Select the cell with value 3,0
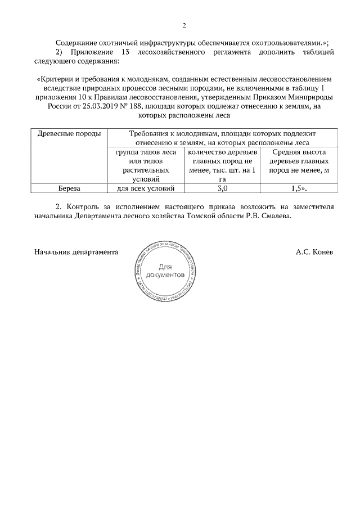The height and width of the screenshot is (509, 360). point(222,188)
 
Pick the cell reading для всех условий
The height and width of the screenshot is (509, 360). point(145,188)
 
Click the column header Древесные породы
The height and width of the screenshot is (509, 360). point(68,134)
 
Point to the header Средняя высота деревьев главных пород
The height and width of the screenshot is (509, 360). point(299,161)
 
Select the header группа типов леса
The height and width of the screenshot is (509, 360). point(145,152)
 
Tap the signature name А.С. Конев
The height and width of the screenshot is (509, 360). point(314,252)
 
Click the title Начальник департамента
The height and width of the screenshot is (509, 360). point(76,252)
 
